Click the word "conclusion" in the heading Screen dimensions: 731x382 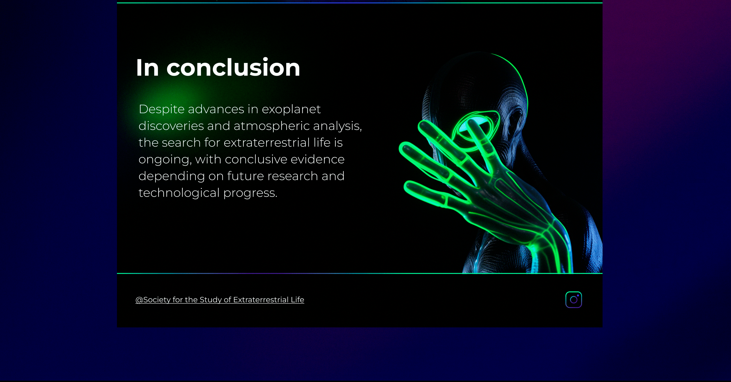click(233, 68)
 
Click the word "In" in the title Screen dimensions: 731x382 click(147, 68)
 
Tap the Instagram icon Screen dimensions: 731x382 click(574, 300)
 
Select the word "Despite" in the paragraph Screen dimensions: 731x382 click(161, 109)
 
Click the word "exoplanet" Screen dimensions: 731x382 click(291, 109)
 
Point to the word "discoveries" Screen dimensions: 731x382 click(171, 126)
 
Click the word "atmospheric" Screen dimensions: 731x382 click(272, 126)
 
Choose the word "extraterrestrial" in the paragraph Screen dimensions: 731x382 click(267, 143)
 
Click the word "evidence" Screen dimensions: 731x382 click(317, 159)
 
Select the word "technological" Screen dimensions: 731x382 click(179, 193)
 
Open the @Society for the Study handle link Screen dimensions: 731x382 click(220, 300)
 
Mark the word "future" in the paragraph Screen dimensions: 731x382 click(245, 176)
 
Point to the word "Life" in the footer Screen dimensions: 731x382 click(297, 300)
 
